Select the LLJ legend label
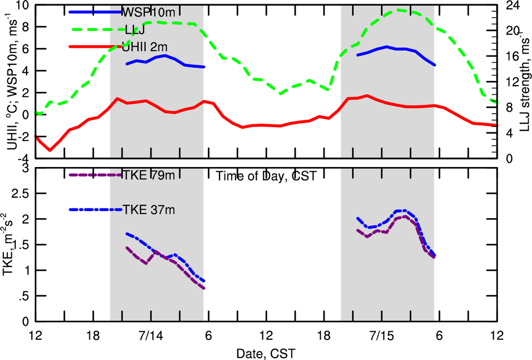tap(133, 29)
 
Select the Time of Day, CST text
tap(267, 176)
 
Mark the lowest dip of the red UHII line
tap(50, 150)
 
